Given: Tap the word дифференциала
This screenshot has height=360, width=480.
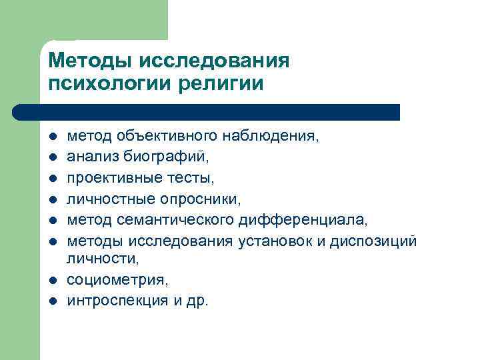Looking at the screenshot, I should [305, 219].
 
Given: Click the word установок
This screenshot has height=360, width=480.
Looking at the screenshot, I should [275, 240].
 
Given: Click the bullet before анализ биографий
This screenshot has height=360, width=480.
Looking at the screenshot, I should [53, 158].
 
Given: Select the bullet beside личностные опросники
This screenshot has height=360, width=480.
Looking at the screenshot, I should [53, 199].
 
